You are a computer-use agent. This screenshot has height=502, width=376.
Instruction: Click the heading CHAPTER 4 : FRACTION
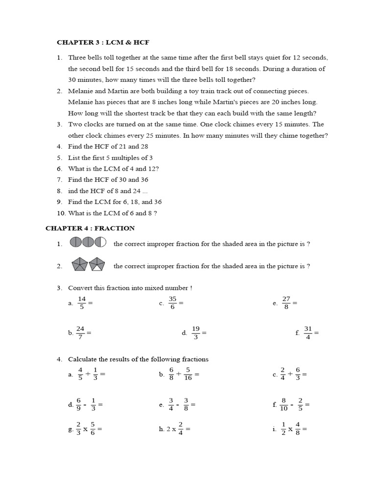[x=90, y=228]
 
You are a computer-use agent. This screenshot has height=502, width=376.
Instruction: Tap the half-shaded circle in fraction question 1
[x=100, y=242]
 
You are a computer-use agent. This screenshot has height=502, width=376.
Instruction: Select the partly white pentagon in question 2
[x=97, y=265]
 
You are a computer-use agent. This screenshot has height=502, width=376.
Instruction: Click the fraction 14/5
[x=82, y=303]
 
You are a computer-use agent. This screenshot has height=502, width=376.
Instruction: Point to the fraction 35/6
[x=172, y=303]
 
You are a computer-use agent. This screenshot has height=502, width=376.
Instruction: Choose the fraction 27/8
[x=286, y=303]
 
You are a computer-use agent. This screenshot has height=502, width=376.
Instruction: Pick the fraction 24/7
[x=81, y=332]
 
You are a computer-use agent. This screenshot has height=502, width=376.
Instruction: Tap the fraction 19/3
[x=196, y=332]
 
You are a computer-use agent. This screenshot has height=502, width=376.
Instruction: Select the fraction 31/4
[x=308, y=332]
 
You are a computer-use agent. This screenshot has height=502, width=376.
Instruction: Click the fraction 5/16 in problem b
[x=188, y=374]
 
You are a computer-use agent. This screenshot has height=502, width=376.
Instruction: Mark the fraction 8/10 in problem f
[x=284, y=404]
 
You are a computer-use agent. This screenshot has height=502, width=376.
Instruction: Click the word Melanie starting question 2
[x=80, y=91]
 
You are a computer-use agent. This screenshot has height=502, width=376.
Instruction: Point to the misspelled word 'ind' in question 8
[x=73, y=191]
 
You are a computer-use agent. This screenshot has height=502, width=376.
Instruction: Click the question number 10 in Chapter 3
[x=60, y=213]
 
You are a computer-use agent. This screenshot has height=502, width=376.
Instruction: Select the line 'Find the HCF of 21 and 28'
[x=108, y=146]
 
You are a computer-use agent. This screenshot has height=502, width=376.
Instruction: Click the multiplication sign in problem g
[x=85, y=429]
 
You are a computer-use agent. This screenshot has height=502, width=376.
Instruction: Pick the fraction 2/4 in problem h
[x=181, y=428]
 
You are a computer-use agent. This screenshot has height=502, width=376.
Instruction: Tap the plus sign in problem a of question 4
[x=88, y=374]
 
